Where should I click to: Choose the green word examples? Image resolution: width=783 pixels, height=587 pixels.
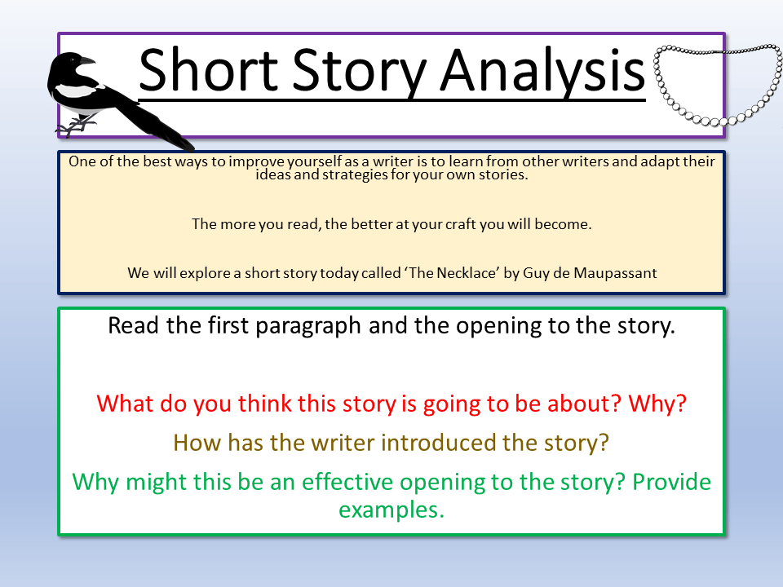click(391, 510)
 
